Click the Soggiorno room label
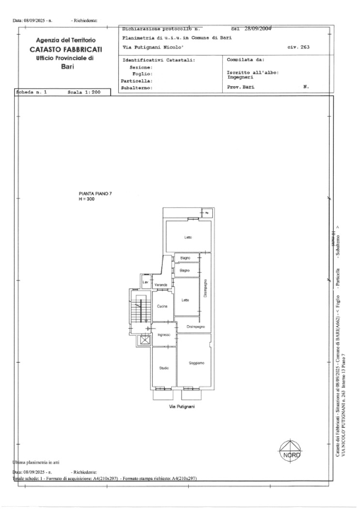point(197,363)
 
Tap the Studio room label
point(163,368)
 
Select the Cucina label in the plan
point(161,305)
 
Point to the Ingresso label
point(163,334)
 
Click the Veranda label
point(161,285)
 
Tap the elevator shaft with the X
point(145,341)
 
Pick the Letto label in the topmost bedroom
point(188,237)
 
